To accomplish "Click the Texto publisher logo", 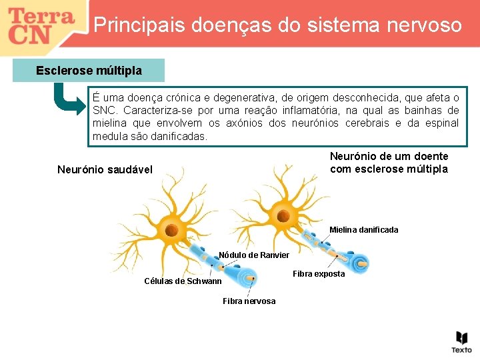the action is coord(461,341).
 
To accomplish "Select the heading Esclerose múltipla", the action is coord(89,70).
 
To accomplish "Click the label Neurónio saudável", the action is coord(105,169).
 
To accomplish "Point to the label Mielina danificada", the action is coord(363,230).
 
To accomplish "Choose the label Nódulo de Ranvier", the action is coord(254,255).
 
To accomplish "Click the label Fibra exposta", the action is coord(319,274).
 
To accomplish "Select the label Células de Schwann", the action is coord(183,281).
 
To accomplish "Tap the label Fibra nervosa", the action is coord(249,301).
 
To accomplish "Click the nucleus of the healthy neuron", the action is coord(171,231).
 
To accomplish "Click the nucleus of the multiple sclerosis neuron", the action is coord(283,217).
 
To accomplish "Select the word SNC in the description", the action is coord(105,110).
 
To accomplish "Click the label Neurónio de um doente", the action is coord(389,156).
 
